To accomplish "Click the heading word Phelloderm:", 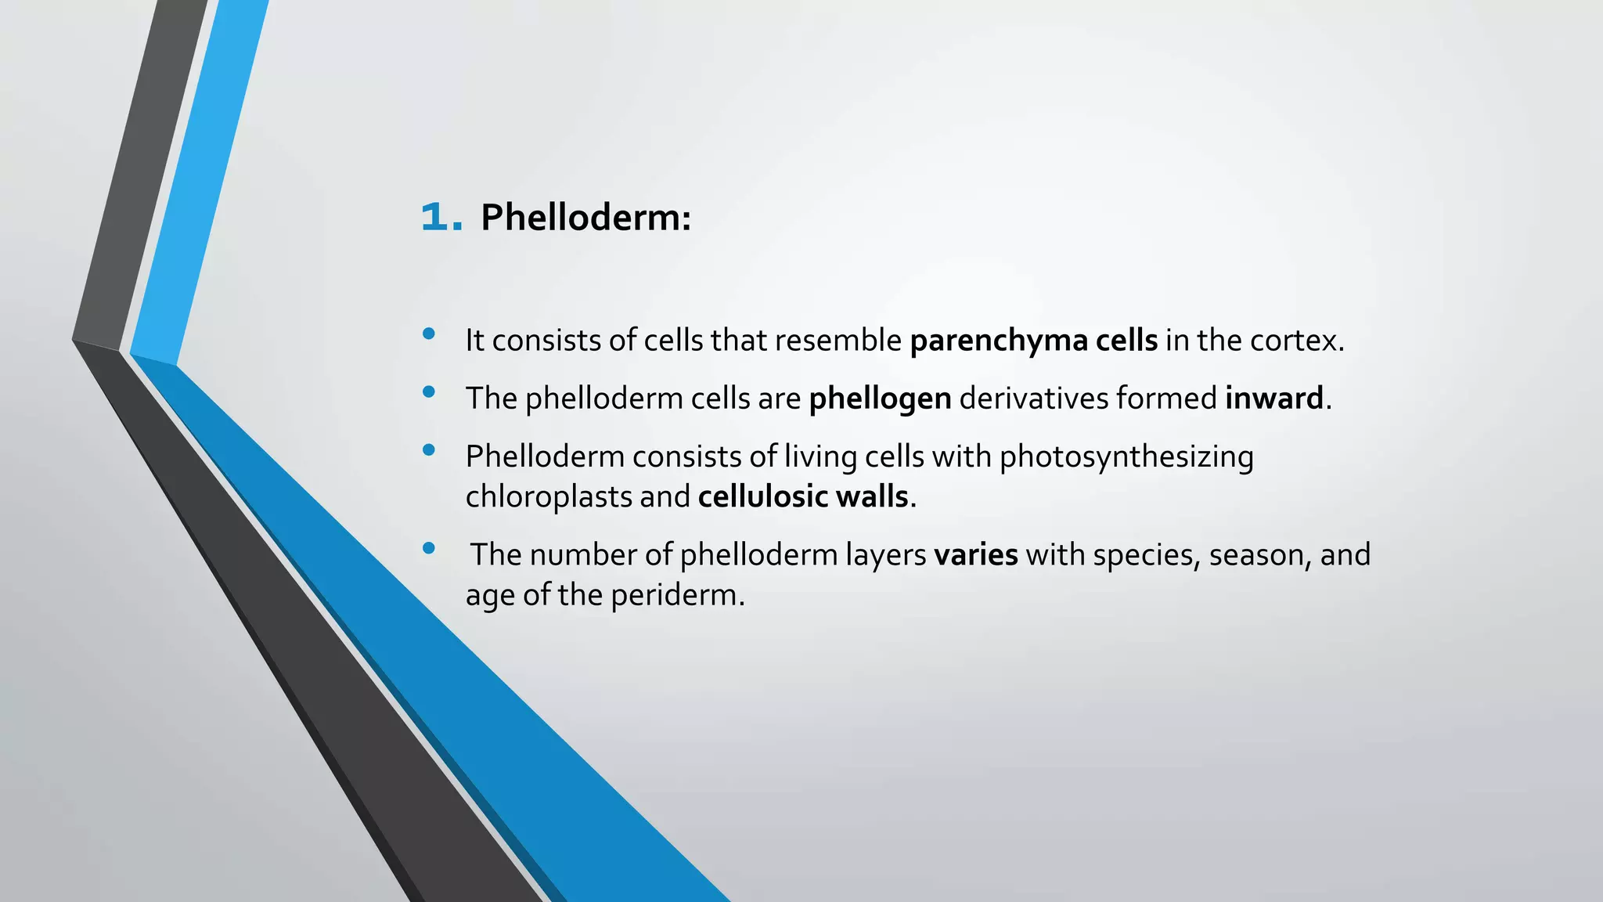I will pyautogui.click(x=585, y=217).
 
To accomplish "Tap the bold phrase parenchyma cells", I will pyautogui.click(x=1033, y=341).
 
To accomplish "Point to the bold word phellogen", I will pyautogui.click(x=880, y=399).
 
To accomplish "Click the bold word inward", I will pyautogui.click(x=1273, y=399).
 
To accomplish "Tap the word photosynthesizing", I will pyautogui.click(x=1126, y=457).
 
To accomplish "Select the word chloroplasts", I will pyautogui.click(x=548, y=496).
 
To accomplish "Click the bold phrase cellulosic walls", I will pyautogui.click(x=803, y=496).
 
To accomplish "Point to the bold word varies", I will pyautogui.click(x=975, y=555).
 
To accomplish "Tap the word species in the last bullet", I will pyautogui.click(x=1146, y=555).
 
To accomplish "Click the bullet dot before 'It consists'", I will pyautogui.click(x=428, y=334).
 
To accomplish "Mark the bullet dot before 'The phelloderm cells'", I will pyautogui.click(x=428, y=392).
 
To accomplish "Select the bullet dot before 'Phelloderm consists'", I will pyautogui.click(x=428, y=450).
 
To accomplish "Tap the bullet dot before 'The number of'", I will pyautogui.click(x=428, y=548).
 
